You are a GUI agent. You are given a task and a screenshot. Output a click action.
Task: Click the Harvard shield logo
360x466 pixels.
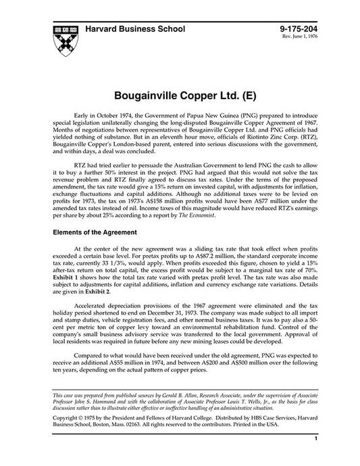pyautogui.click(x=63, y=38)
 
